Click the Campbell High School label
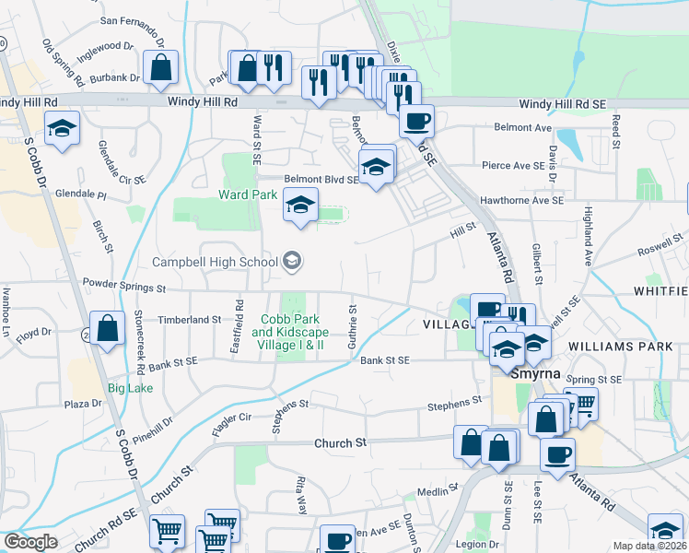click(215, 262)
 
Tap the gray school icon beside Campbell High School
click(292, 262)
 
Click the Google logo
click(29, 541)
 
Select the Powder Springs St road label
click(123, 287)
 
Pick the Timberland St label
click(192, 319)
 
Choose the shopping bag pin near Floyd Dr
click(108, 328)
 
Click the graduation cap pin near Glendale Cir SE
click(62, 127)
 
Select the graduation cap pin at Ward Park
click(300, 205)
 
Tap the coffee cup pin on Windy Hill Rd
click(416, 121)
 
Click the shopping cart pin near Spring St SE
click(580, 404)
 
